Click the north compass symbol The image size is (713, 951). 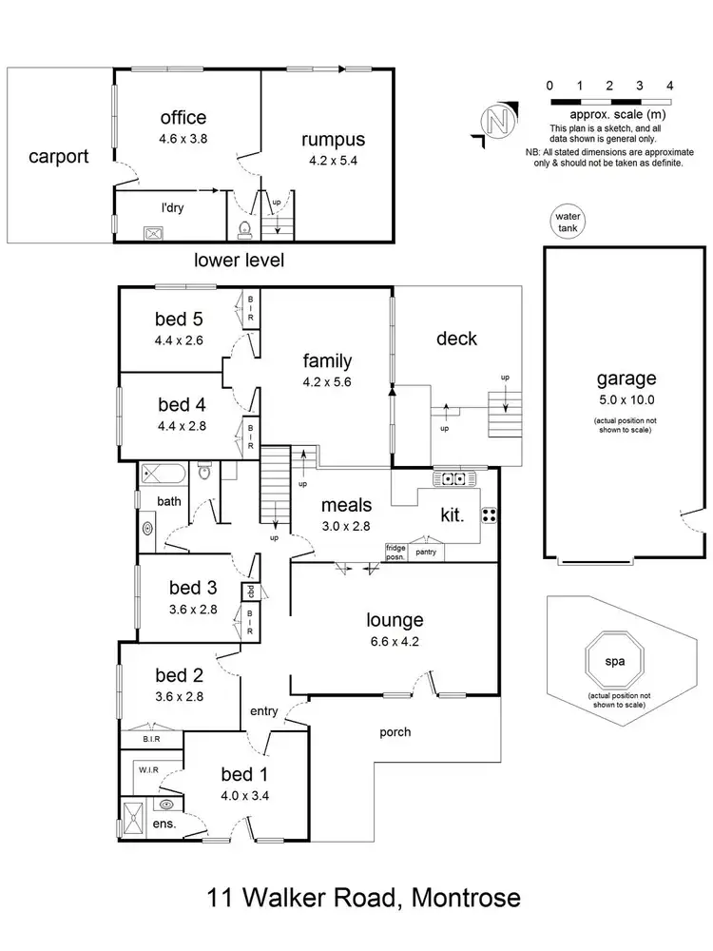pyautogui.click(x=494, y=121)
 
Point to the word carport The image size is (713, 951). pyautogui.click(x=58, y=156)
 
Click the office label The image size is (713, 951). pyautogui.click(x=183, y=118)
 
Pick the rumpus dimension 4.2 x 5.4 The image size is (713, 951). pyautogui.click(x=333, y=162)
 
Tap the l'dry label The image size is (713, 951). pyautogui.click(x=172, y=206)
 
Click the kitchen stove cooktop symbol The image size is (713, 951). pyautogui.click(x=491, y=514)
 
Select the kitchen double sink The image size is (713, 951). pyautogui.click(x=448, y=477)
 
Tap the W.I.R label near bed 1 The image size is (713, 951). pyautogui.click(x=147, y=769)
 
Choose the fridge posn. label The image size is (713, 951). pyautogui.click(x=395, y=553)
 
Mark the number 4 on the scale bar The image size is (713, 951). pyautogui.click(x=670, y=86)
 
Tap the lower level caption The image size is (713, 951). pyautogui.click(x=238, y=260)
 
